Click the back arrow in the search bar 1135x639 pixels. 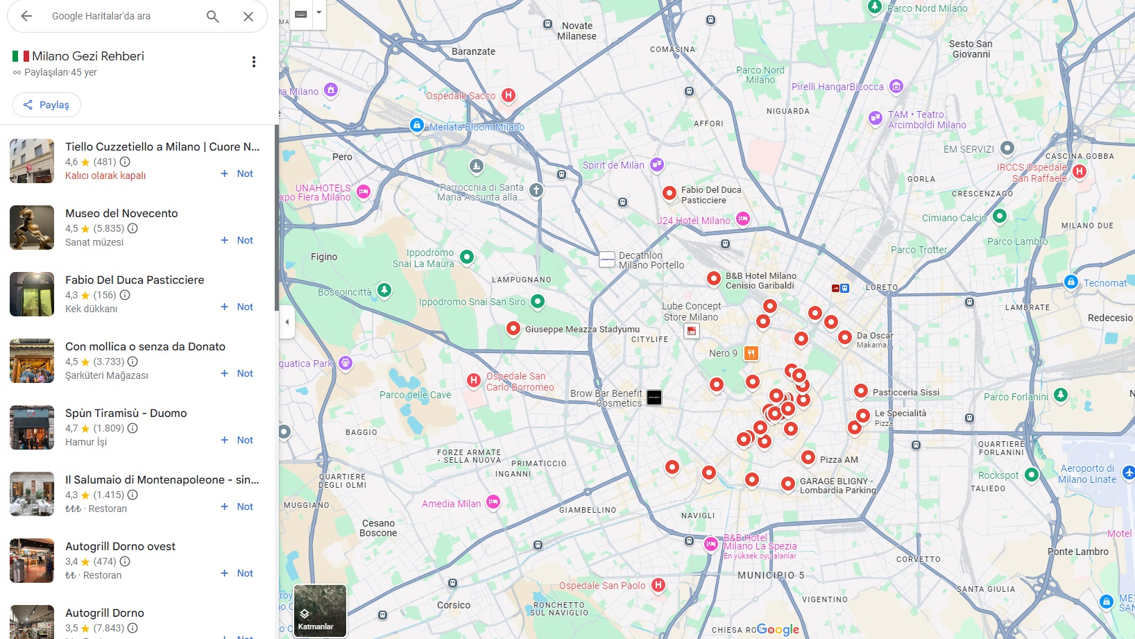pos(26,16)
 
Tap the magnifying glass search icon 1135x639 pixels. pos(213,16)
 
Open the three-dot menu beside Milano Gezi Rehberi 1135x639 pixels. pos(254,62)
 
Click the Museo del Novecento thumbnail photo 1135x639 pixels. pos(32,228)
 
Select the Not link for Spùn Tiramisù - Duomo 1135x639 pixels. pos(237,440)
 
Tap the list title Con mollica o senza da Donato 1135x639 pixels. pos(145,346)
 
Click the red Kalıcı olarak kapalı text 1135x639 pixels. pos(105,176)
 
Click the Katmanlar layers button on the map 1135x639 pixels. pos(320,611)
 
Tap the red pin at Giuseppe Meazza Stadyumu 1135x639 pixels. pos(513,328)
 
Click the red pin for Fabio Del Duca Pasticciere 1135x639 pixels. pos(669,193)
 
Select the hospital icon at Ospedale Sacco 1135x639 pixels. pos(509,95)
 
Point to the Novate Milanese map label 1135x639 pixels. pos(577,31)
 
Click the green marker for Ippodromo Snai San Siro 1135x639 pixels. pos(537,301)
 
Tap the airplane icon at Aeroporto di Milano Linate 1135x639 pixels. pos(1128,472)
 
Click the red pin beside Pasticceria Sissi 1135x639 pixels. pos(860,391)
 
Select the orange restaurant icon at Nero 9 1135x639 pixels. pos(751,353)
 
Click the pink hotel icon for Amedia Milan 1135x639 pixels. pos(493,502)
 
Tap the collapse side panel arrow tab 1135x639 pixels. pos(287,322)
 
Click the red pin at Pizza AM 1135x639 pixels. pos(808,457)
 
